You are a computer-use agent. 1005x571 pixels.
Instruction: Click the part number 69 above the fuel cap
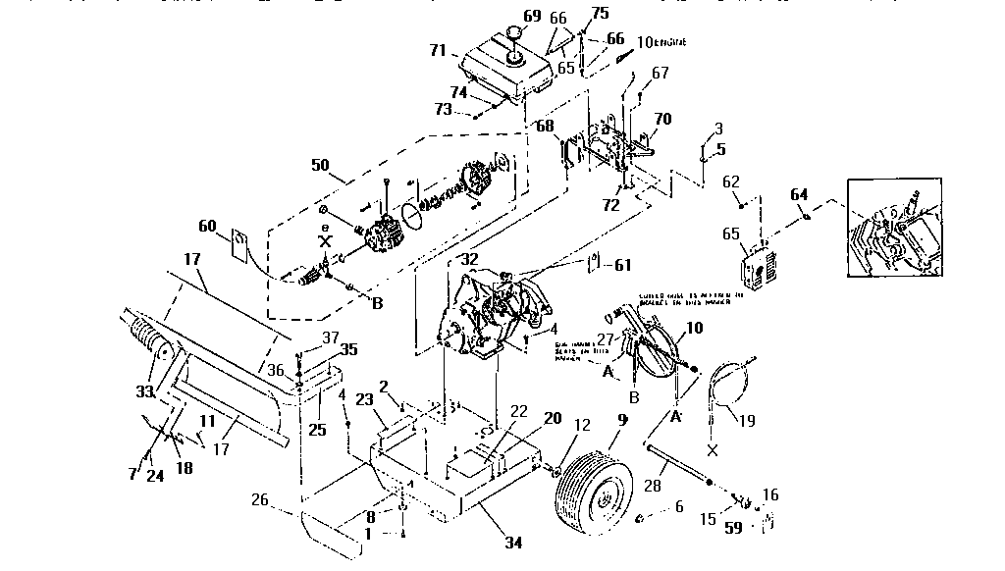click(531, 16)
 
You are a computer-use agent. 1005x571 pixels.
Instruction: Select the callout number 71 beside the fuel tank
click(437, 49)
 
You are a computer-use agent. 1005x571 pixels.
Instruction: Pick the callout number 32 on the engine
click(469, 260)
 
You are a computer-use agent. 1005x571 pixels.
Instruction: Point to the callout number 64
click(799, 193)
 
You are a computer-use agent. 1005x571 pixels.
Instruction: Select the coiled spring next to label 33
click(148, 339)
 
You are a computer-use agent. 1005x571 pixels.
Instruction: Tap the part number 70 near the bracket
click(662, 120)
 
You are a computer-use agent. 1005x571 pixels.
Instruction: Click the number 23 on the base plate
click(365, 400)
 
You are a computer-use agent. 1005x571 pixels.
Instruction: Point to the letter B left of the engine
click(376, 303)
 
